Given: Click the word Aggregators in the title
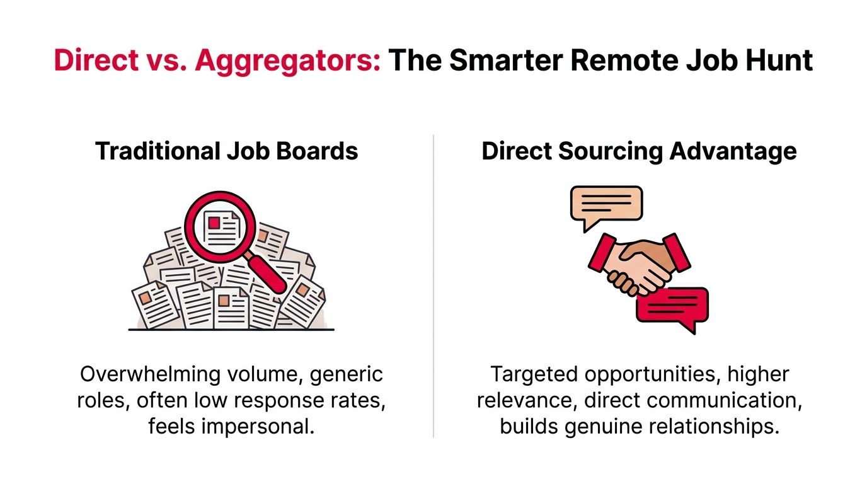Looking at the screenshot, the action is [x=287, y=61].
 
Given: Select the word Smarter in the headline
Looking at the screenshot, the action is [x=506, y=60].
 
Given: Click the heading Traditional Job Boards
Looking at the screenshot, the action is [x=226, y=151].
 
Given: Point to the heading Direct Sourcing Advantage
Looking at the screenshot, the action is [x=639, y=151].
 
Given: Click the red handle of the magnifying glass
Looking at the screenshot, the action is [x=267, y=274].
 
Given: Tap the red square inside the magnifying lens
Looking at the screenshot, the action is [x=214, y=222].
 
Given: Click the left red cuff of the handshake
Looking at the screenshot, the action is [x=602, y=253].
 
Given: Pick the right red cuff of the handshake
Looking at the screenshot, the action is [x=677, y=252].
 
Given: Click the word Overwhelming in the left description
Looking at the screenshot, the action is [x=150, y=374].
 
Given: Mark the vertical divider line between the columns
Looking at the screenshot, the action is [x=433, y=286].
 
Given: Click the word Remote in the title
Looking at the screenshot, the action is [x=624, y=60].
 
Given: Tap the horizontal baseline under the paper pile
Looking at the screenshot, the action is [x=231, y=330].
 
